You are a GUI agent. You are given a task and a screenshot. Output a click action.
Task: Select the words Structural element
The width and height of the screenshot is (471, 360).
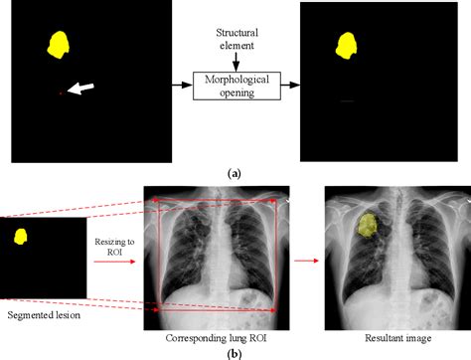coord(235,38)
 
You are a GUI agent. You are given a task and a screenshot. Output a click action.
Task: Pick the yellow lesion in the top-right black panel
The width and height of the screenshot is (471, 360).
coord(348,45)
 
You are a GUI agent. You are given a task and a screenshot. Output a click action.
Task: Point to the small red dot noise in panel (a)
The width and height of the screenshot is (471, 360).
coord(62,93)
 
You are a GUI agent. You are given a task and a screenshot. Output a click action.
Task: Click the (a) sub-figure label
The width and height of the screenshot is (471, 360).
coord(235,173)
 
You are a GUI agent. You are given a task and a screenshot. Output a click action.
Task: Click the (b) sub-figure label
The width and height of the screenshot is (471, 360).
coord(235,351)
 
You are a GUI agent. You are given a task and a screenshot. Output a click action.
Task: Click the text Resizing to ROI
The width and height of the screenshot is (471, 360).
coord(113,247)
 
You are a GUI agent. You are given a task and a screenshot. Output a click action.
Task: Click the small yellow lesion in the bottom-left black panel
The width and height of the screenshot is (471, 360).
coord(20,236)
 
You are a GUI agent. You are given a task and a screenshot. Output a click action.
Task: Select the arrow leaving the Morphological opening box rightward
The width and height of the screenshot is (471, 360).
coord(289,86)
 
